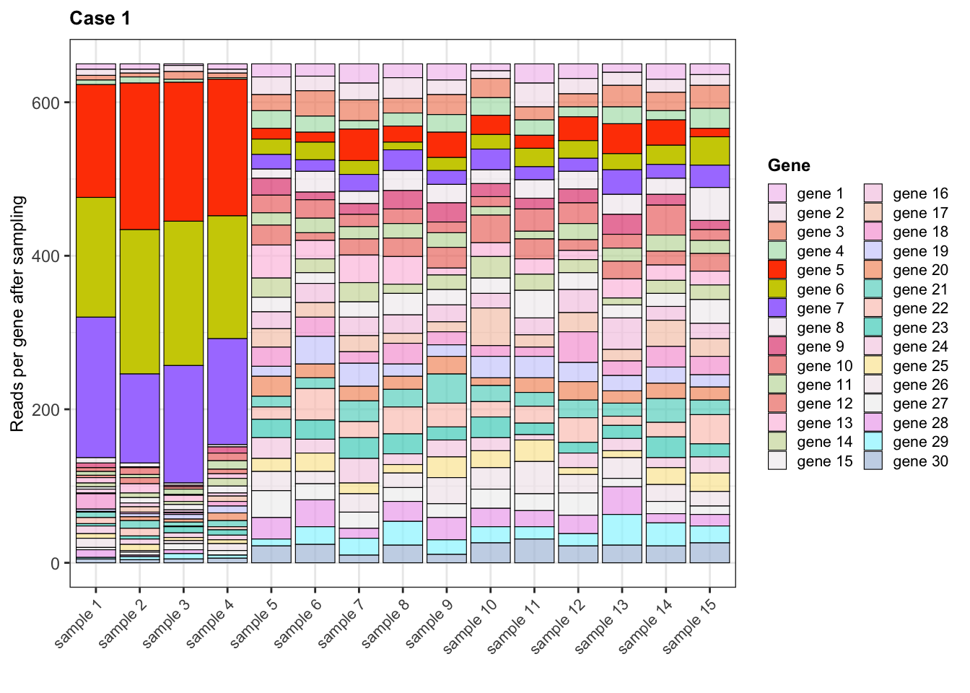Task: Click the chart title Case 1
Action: [100, 19]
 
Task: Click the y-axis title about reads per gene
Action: [18, 313]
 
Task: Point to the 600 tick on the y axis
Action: [45, 103]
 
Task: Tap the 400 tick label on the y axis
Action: [45, 256]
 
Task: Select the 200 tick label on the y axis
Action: [45, 409]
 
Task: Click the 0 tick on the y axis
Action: [55, 563]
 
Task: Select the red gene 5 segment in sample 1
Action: [96, 141]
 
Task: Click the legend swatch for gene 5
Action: [777, 270]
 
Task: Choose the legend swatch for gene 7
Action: [777, 308]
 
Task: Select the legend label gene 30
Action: [920, 461]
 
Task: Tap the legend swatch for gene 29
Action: [873, 442]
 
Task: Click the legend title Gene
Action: [789, 165]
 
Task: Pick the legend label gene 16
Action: [920, 193]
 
